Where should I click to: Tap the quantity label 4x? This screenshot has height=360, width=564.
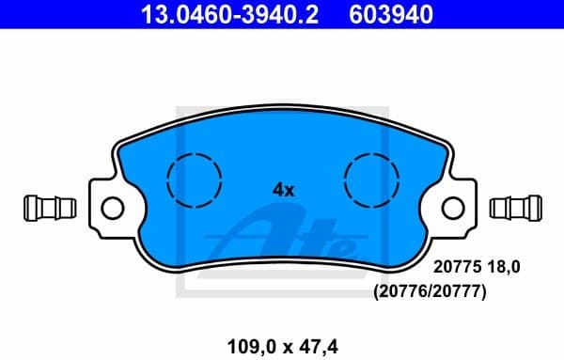coord(283,189)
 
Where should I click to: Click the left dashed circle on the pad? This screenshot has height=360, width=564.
coord(194,178)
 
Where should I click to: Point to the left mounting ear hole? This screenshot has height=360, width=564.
coord(111,206)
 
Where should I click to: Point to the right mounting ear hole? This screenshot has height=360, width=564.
coord(454,206)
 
